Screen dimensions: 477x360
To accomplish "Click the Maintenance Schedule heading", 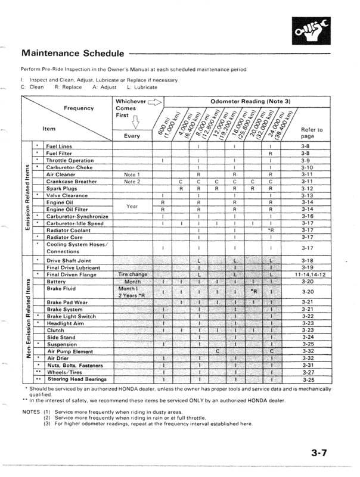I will pos(72,54).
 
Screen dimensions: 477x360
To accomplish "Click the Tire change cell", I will pos(133,275).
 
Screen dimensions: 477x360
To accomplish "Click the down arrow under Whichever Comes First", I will pos(134,124).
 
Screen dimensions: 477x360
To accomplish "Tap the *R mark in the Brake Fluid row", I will pos(254,292).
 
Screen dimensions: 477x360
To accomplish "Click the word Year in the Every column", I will pos(133,205).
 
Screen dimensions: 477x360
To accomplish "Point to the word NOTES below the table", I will pos(30,411).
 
